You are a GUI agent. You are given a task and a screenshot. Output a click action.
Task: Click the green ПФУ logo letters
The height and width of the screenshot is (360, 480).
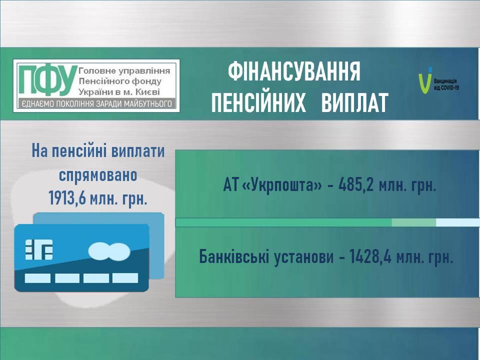tap(47, 80)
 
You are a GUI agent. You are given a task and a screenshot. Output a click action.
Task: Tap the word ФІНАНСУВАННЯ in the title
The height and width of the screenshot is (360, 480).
tap(294, 71)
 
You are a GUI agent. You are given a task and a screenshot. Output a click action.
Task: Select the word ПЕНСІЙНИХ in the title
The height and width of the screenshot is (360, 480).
tap(258, 102)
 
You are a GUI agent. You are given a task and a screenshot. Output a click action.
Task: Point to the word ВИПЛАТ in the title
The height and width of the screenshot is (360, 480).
tap(355, 102)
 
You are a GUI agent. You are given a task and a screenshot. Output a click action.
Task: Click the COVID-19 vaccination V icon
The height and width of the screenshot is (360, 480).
tap(425, 80)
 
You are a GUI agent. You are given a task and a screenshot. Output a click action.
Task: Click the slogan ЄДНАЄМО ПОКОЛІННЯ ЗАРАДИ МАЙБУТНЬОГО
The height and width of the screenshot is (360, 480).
tap(95, 104)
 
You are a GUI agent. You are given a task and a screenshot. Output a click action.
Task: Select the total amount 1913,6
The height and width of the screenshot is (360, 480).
tap(67, 198)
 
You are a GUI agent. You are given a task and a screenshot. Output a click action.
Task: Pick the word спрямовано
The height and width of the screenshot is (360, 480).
tap(98, 175)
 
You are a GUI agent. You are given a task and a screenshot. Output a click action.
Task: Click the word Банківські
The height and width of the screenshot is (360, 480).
tap(233, 256)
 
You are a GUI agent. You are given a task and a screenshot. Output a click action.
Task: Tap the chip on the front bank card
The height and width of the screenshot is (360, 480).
tap(39, 249)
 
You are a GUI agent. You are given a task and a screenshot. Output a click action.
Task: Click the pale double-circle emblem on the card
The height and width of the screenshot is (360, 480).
tap(109, 250)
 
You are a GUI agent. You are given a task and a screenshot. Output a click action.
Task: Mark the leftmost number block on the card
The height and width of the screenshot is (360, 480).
tap(37, 278)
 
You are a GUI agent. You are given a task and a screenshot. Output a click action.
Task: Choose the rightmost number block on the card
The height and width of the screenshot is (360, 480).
tap(125, 278)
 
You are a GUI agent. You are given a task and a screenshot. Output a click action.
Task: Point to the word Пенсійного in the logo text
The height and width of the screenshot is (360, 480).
tap(100, 81)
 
